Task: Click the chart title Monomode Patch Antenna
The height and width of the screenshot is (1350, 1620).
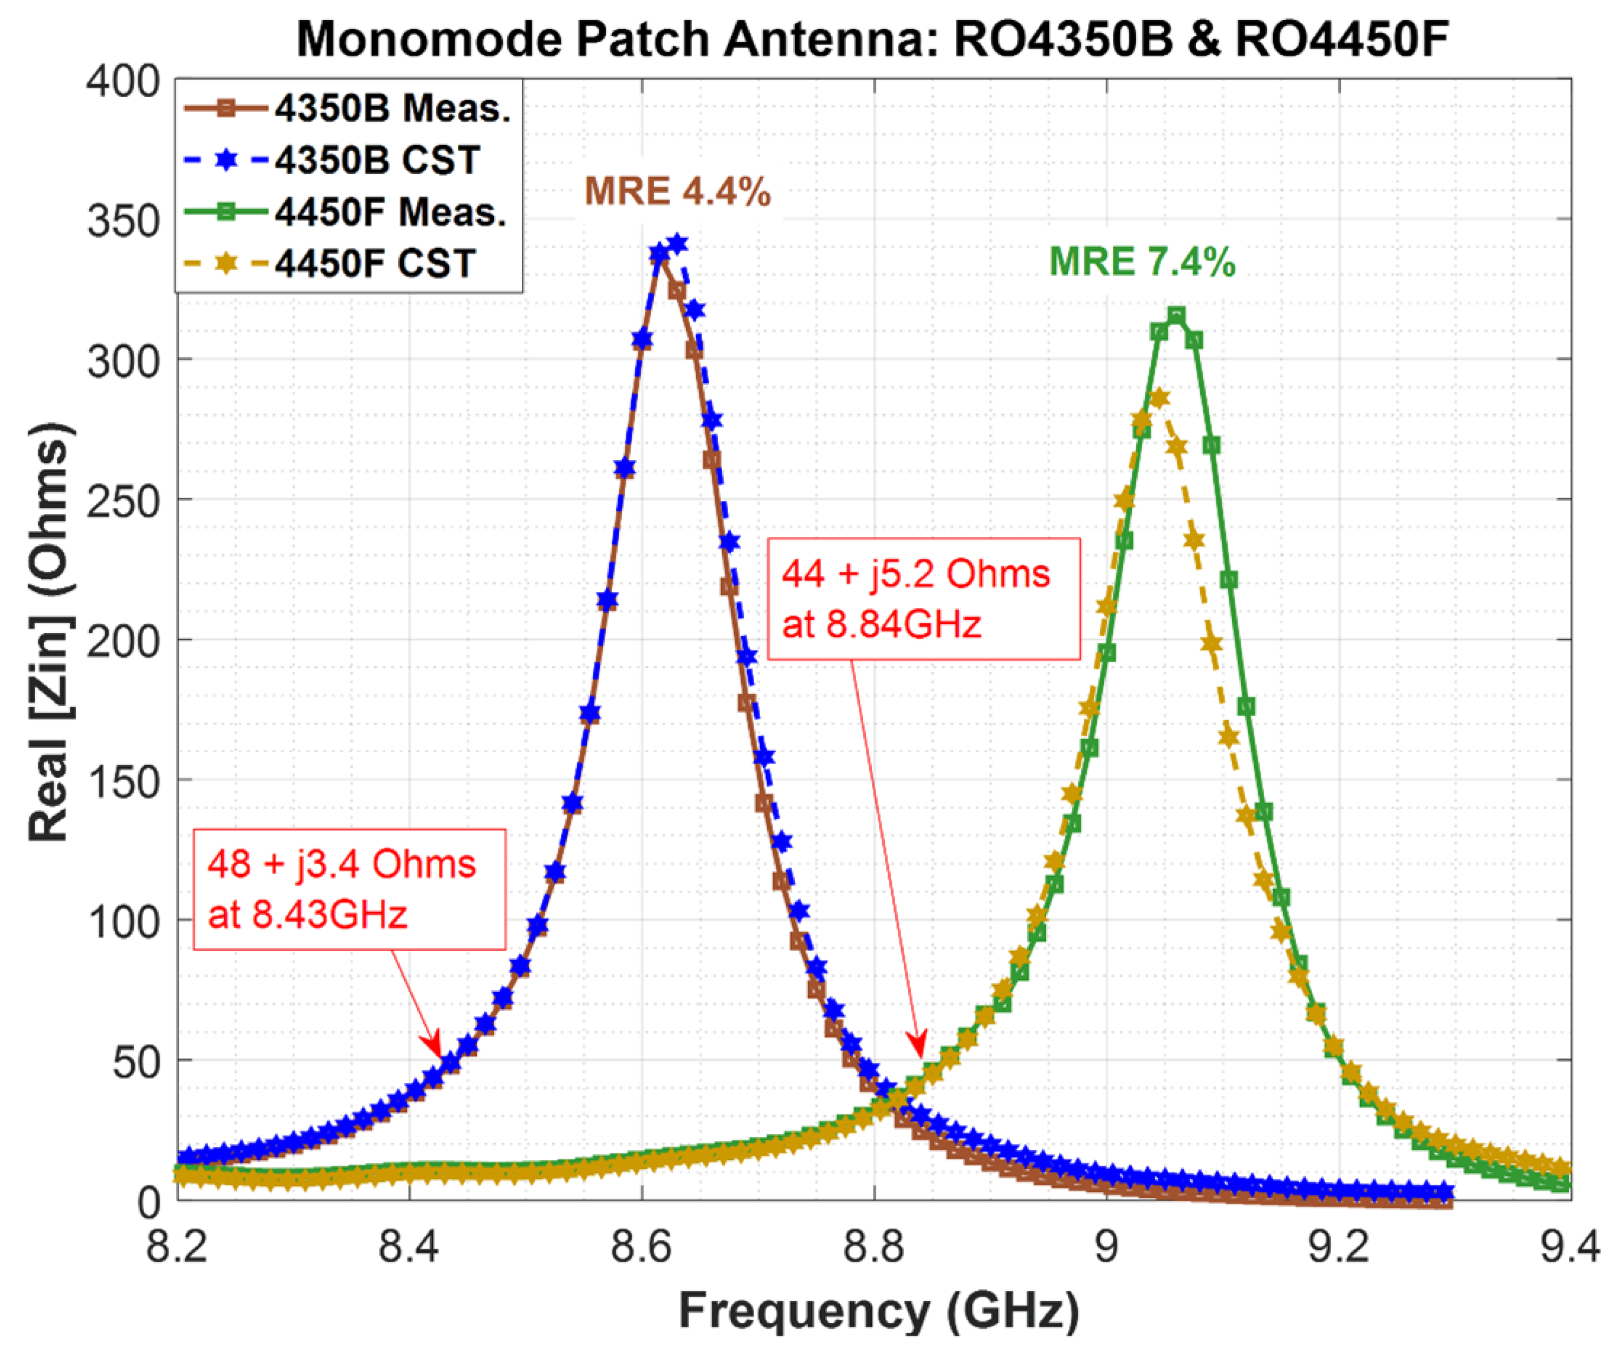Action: pos(872,38)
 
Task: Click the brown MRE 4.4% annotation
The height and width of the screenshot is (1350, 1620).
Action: pos(677,191)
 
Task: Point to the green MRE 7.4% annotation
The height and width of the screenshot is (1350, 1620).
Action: pos(1142,262)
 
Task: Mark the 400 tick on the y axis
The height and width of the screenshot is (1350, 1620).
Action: pos(124,80)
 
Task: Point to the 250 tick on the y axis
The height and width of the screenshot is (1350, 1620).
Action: pos(124,501)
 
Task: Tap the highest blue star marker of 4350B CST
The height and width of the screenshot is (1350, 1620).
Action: pos(677,244)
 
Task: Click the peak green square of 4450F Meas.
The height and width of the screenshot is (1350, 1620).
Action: pos(1176,315)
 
